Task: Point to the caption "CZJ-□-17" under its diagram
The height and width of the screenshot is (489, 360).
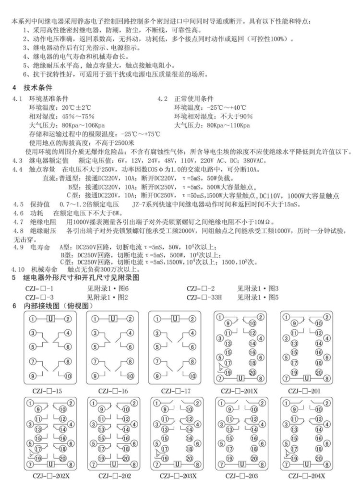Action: pos(175,391)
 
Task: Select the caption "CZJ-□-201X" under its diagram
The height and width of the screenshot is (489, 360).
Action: pos(240,391)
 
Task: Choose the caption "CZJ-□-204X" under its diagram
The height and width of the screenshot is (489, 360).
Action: pos(307,476)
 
